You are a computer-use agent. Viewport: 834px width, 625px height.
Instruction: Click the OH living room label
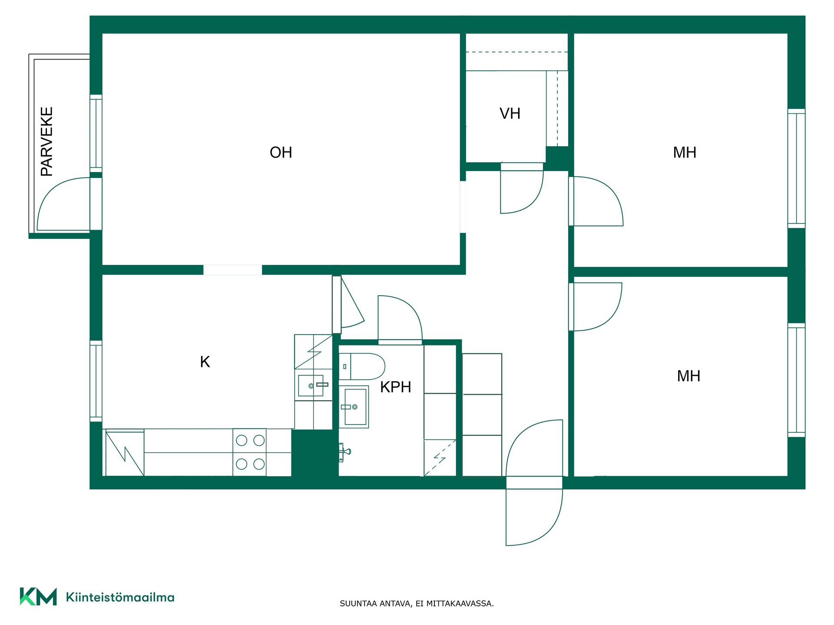point(281,152)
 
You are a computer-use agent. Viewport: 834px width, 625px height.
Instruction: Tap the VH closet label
point(510,114)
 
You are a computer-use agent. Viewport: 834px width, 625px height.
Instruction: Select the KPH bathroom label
point(395,387)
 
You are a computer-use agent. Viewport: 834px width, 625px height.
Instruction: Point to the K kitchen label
point(205,362)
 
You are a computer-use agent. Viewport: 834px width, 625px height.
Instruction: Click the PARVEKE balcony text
point(47,141)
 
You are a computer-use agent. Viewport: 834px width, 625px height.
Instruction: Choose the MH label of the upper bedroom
point(685,152)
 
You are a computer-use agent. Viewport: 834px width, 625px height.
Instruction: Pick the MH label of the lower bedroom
point(688,376)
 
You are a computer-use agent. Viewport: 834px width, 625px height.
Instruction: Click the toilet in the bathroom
point(362,366)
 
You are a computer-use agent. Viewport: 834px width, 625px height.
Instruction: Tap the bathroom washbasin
point(354,407)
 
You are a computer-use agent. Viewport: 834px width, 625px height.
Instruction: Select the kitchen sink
point(311,385)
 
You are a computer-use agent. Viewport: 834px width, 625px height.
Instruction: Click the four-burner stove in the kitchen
point(250,452)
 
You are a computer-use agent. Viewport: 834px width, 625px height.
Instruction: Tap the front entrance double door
point(534,483)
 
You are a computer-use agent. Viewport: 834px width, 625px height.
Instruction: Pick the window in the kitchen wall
point(96,381)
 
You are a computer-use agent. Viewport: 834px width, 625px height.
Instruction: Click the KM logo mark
point(38,597)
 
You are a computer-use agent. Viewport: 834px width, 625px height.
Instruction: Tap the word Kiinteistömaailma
point(120,597)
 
